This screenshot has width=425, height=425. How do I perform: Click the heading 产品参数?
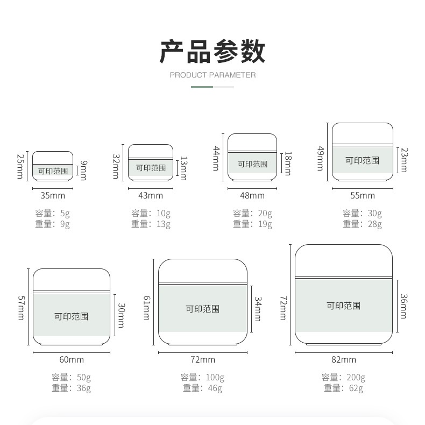[x=212, y=51]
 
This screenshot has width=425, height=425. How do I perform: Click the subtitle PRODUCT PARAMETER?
[x=212, y=75]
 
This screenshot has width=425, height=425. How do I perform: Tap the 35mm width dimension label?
[x=53, y=195]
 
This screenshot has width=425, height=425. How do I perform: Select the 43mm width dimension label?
[x=151, y=195]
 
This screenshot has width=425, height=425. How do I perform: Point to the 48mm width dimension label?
[x=252, y=195]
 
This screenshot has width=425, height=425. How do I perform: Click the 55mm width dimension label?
[x=363, y=195]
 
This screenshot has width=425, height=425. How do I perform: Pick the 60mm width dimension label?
[x=72, y=359]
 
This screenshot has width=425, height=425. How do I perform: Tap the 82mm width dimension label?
[x=343, y=359]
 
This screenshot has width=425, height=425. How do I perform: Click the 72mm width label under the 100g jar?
[x=203, y=359]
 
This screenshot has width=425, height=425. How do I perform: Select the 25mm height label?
[x=20, y=166]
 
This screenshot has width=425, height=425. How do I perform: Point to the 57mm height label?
[x=20, y=308]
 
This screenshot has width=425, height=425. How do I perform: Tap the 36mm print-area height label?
[x=403, y=306]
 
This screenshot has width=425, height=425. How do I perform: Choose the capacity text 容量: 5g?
[x=53, y=213]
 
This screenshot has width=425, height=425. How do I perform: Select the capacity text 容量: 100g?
[x=203, y=377]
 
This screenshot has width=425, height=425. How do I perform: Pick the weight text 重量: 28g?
[x=363, y=224]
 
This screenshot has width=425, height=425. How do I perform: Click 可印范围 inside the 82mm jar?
[x=343, y=306]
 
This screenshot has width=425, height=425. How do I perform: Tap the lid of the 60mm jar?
[x=72, y=280]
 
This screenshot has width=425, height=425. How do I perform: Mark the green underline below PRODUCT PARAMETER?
[x=202, y=87]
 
